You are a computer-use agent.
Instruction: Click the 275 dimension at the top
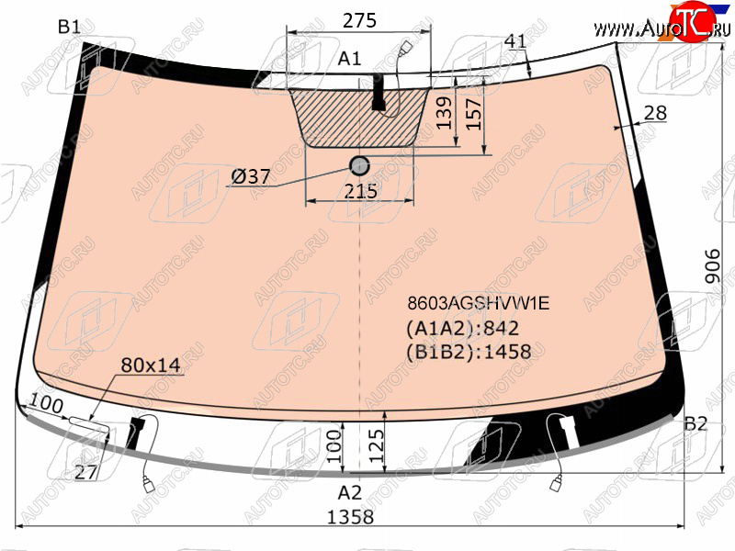[359, 20]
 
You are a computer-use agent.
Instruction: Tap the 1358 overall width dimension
[350, 517]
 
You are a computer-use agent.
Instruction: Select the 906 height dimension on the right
[712, 265]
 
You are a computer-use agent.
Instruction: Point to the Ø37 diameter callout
[251, 176]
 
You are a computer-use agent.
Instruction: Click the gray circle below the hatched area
[359, 165]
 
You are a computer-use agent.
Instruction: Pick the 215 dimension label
[360, 191]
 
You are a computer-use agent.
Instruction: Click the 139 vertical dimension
[444, 113]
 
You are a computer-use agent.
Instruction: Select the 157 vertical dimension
[474, 114]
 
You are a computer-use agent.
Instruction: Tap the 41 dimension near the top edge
[515, 41]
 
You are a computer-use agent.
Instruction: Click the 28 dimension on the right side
[655, 113]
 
